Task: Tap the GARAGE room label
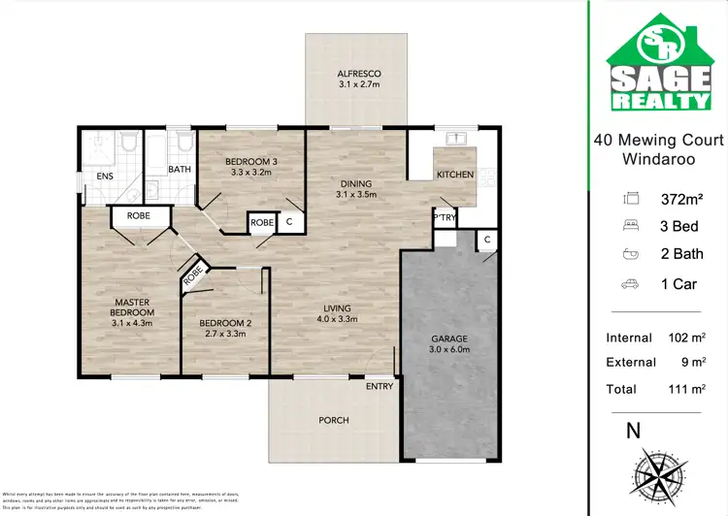449,339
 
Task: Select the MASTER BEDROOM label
132,306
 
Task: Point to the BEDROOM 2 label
225,323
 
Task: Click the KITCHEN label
455,175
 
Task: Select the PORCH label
334,420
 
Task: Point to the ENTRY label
380,387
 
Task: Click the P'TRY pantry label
445,217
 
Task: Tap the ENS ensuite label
104,177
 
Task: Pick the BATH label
180,170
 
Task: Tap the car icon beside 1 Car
630,285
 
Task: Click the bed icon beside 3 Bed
630,227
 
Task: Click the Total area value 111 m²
683,389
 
